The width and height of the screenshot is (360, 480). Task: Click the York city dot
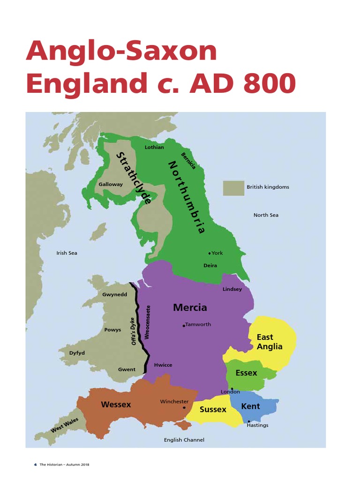[x=210, y=253]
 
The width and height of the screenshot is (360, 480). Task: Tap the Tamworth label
[x=198, y=324]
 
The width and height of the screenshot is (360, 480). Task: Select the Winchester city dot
[x=183, y=407]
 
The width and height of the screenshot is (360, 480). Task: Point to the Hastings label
[x=257, y=425]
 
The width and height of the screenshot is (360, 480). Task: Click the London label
[x=230, y=392]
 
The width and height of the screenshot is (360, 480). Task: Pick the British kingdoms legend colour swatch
[x=233, y=188]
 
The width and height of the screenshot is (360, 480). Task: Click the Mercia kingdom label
[x=190, y=307]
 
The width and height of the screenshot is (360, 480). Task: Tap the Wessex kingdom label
[x=116, y=404]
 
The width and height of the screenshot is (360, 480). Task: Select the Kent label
[x=250, y=406]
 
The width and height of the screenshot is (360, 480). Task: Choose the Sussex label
[x=213, y=409]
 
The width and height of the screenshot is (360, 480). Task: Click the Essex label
[x=246, y=373]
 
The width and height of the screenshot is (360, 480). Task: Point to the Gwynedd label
[x=115, y=295]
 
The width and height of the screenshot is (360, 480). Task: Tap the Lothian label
[x=154, y=147]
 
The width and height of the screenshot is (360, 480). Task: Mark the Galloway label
[x=111, y=184]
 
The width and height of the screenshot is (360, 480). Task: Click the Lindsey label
[x=232, y=289]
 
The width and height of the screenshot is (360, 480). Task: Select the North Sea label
[x=266, y=215]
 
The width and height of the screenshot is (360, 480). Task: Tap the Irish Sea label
[x=67, y=253]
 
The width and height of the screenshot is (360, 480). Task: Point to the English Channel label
[x=184, y=440]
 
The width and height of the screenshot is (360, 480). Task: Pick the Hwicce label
[x=163, y=365]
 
